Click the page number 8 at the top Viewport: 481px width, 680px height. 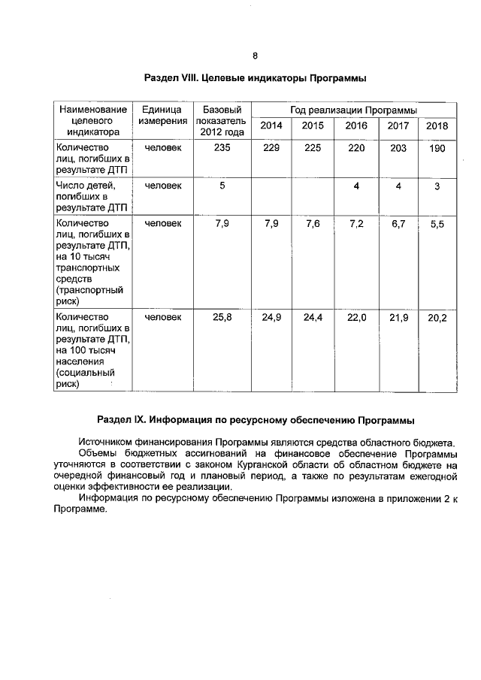pos(255,56)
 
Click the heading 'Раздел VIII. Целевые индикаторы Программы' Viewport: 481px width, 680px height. pos(255,78)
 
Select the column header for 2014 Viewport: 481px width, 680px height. pos(271,125)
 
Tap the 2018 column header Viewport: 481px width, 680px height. pos(437,125)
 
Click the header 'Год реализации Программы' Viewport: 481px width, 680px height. pos(353,110)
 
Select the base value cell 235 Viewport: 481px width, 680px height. pos(222,148)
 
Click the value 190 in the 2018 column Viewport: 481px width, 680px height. pos(437,148)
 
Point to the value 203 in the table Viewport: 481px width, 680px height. pos(398,148)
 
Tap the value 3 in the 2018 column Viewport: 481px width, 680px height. pos(437,187)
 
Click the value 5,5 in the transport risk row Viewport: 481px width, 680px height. pos(437,225)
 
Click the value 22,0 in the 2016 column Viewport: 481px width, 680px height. pos(356,318)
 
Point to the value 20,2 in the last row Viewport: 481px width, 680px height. pos(437,319)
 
